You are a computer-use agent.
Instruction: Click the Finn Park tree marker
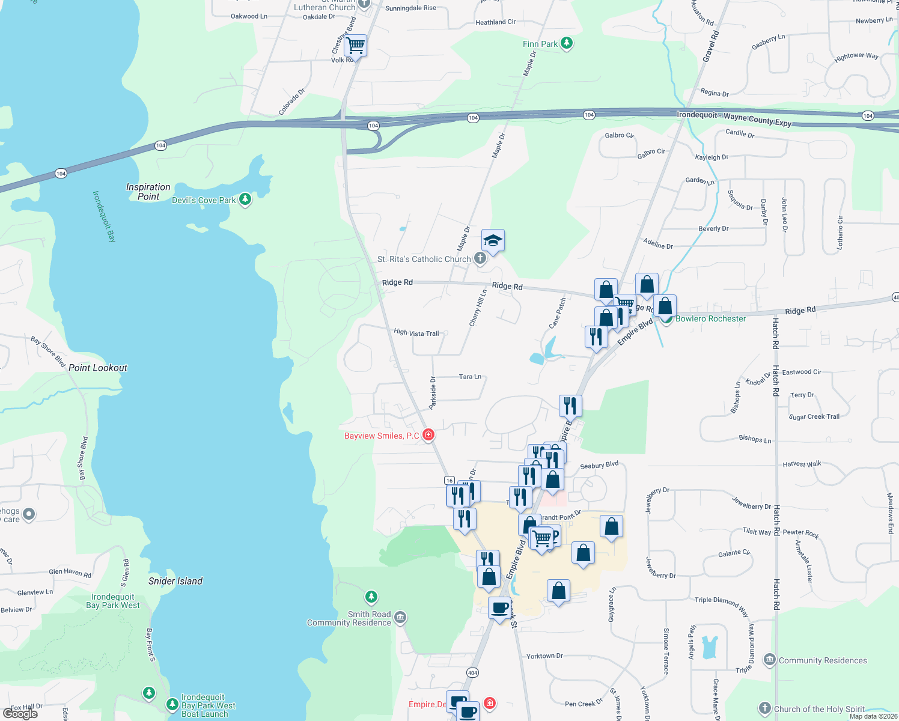[x=566, y=43]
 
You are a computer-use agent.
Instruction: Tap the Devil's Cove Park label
[x=204, y=200]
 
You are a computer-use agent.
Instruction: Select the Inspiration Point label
[x=148, y=192]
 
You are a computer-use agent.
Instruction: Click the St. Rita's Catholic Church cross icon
[x=480, y=258]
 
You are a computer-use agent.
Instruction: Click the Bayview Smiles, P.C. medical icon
[x=428, y=434]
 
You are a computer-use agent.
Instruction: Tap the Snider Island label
[x=175, y=581]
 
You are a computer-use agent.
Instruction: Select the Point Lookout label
[x=98, y=368]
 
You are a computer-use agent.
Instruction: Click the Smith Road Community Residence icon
[x=400, y=617]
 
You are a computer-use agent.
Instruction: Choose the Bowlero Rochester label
[x=710, y=318]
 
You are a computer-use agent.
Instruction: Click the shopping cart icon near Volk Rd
[x=356, y=44]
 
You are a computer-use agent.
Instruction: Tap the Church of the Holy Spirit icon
[x=764, y=708]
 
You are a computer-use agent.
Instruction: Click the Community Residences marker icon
[x=769, y=660]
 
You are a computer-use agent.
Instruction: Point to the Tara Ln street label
[x=470, y=377]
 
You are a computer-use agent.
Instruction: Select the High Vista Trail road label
[x=416, y=332]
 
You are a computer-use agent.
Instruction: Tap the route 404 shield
[x=472, y=672]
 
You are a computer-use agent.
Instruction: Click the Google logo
[x=20, y=713]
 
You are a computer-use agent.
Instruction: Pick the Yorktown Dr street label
[x=544, y=656]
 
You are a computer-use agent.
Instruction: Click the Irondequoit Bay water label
[x=104, y=216]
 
